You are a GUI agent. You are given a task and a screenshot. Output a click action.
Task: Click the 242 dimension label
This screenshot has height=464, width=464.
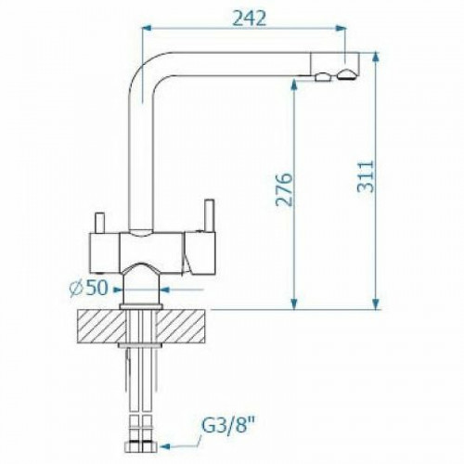249,19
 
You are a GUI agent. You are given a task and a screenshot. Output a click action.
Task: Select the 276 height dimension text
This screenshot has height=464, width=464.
284,189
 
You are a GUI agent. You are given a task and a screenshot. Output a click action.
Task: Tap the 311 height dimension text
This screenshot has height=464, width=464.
366,177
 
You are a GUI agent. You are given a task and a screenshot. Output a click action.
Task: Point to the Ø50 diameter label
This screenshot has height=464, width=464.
88,288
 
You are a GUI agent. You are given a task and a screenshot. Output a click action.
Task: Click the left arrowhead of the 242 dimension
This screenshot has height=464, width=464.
146,29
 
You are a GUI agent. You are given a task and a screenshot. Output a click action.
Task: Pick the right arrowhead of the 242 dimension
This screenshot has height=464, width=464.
341,29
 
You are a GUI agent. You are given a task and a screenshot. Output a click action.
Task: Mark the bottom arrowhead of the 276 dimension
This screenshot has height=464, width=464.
294,304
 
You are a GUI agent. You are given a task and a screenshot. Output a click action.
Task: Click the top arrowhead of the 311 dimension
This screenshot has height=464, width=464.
376,57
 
